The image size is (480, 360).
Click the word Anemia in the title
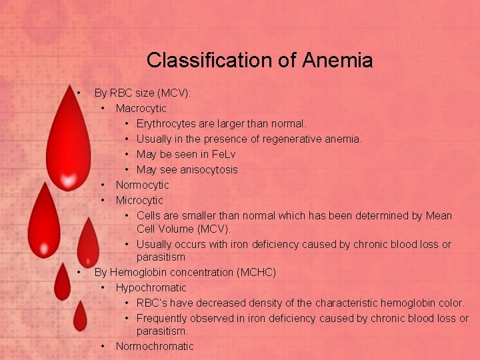pyautogui.click(x=337, y=61)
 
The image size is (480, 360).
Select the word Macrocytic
pyautogui.click(x=141, y=108)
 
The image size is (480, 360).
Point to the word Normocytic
pyautogui.click(x=142, y=185)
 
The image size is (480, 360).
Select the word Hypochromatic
pyautogui.click(x=151, y=287)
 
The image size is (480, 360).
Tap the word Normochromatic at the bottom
pyautogui.click(x=154, y=346)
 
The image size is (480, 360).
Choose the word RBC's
pyautogui.click(x=153, y=303)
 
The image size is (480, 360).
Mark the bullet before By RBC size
pyautogui.click(x=79, y=92)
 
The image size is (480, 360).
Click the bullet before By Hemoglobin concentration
pyautogui.click(x=79, y=272)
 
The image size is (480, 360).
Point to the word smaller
pyautogui.click(x=197, y=215)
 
